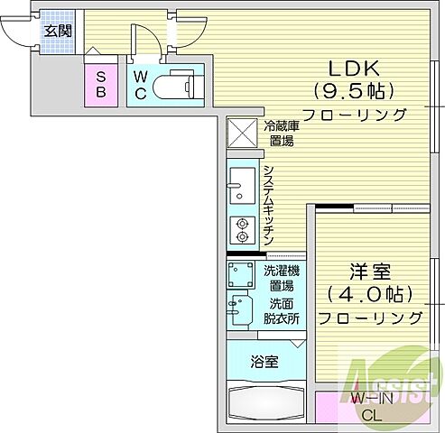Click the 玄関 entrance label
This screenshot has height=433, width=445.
tap(60, 29)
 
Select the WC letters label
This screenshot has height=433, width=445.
tap(143, 84)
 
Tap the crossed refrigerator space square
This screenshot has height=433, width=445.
tap(242, 134)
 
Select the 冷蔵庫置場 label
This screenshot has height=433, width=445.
tap(281, 134)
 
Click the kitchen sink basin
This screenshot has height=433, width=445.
tap(242, 185)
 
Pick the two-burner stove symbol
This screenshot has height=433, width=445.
tap(242, 231)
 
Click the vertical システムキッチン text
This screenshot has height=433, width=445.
tap(268, 206)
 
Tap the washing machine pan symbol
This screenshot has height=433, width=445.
tap(242, 273)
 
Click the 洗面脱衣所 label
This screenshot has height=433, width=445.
tap(282, 311)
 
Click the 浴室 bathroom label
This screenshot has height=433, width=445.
tap(264, 362)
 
